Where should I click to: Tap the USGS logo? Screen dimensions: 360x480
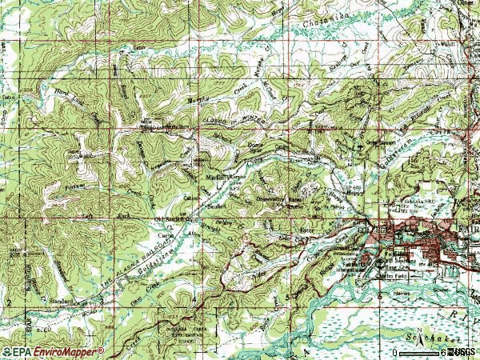tap(463, 352)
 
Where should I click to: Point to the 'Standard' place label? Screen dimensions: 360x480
tap(60, 301)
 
